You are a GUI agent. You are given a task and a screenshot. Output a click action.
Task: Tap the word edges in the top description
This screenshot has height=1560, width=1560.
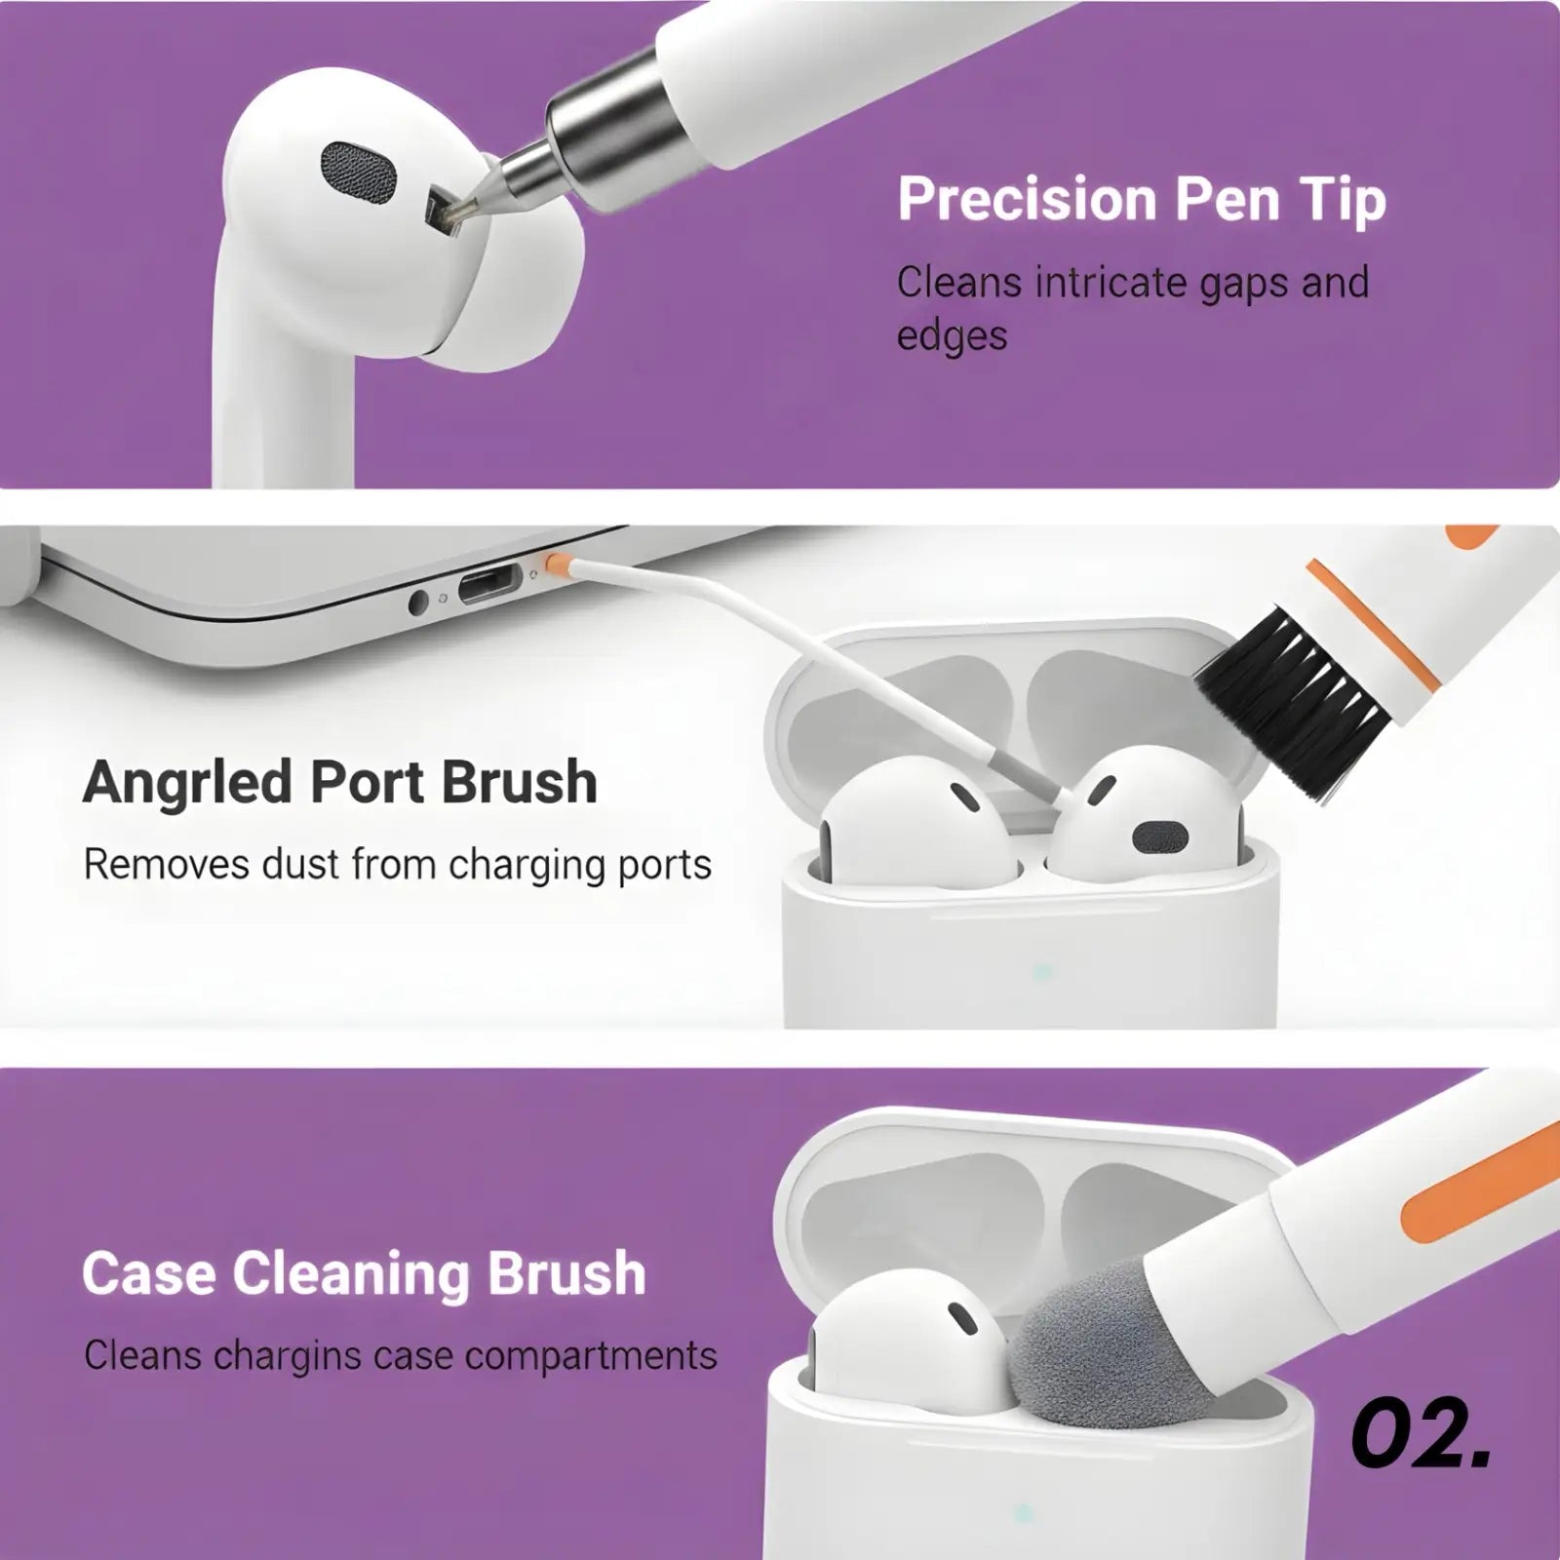click(x=952, y=336)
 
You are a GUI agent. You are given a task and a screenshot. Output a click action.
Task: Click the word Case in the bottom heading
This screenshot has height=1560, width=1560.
click(x=148, y=1274)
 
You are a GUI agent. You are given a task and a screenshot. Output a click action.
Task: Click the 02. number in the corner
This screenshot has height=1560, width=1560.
click(x=1421, y=1434)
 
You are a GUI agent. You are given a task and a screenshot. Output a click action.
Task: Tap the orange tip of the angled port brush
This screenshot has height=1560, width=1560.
click(x=557, y=563)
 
